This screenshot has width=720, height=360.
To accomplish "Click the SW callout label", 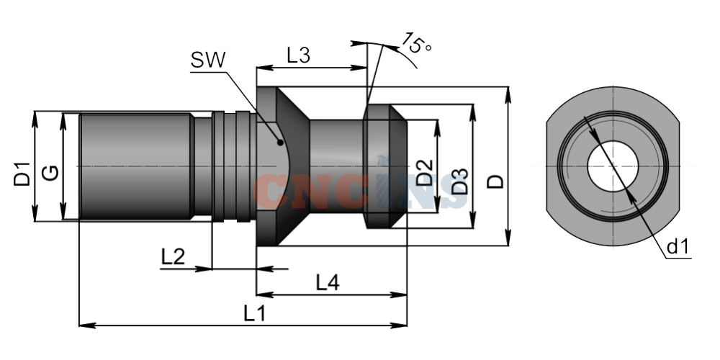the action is (x=208, y=60).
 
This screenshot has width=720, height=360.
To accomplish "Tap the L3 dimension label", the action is (x=299, y=55).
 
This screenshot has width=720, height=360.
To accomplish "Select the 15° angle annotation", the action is (x=416, y=44).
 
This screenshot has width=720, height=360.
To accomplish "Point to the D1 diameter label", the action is (x=22, y=174).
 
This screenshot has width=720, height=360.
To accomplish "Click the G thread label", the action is (x=50, y=173).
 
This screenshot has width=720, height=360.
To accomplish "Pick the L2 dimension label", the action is (x=173, y=257).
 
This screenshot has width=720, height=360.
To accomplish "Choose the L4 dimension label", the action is (x=328, y=282).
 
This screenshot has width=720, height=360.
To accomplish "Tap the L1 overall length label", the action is (x=255, y=314).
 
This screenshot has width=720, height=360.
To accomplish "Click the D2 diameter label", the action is (x=424, y=172).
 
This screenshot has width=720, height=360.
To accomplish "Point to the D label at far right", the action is (x=495, y=181).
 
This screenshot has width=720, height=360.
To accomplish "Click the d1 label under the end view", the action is (x=678, y=247).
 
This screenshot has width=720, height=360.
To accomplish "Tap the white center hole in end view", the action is (x=613, y=166).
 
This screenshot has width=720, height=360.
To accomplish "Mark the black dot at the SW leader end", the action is (x=280, y=143).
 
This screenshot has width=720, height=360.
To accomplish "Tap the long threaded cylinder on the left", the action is (x=135, y=166).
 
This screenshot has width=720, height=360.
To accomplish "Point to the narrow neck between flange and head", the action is (x=336, y=166).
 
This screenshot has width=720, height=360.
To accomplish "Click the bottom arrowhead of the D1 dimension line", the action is (x=35, y=213).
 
